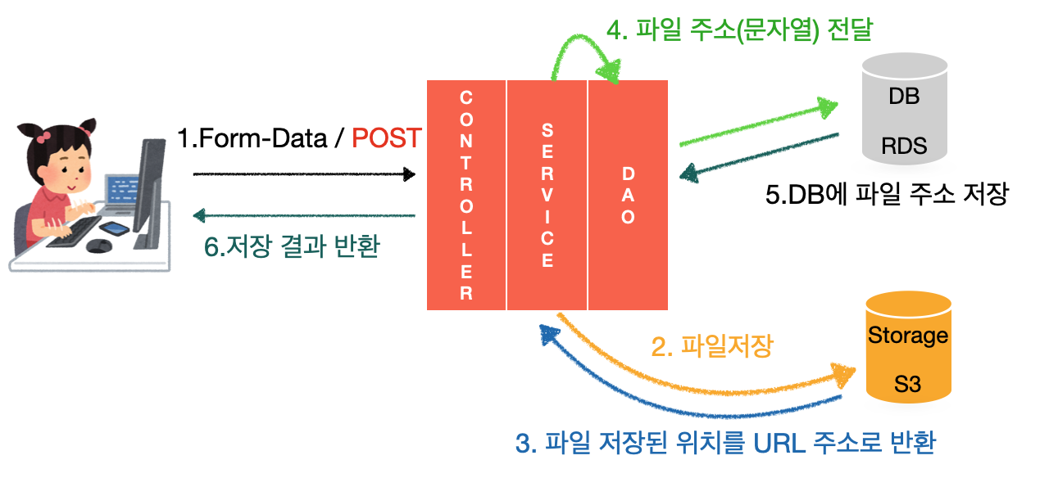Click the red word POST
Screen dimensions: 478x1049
tap(387, 138)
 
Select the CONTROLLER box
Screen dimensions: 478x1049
tap(466, 195)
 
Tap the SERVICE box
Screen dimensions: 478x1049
tap(547, 195)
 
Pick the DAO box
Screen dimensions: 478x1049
tap(628, 195)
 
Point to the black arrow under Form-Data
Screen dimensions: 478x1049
tap(303, 174)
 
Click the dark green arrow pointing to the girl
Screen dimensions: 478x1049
tap(303, 216)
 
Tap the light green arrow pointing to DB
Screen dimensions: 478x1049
tap(758, 125)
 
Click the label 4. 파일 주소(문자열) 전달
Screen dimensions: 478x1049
tap(740, 30)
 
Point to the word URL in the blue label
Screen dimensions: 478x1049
tap(774, 444)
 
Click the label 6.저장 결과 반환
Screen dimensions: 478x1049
tap(292, 246)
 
